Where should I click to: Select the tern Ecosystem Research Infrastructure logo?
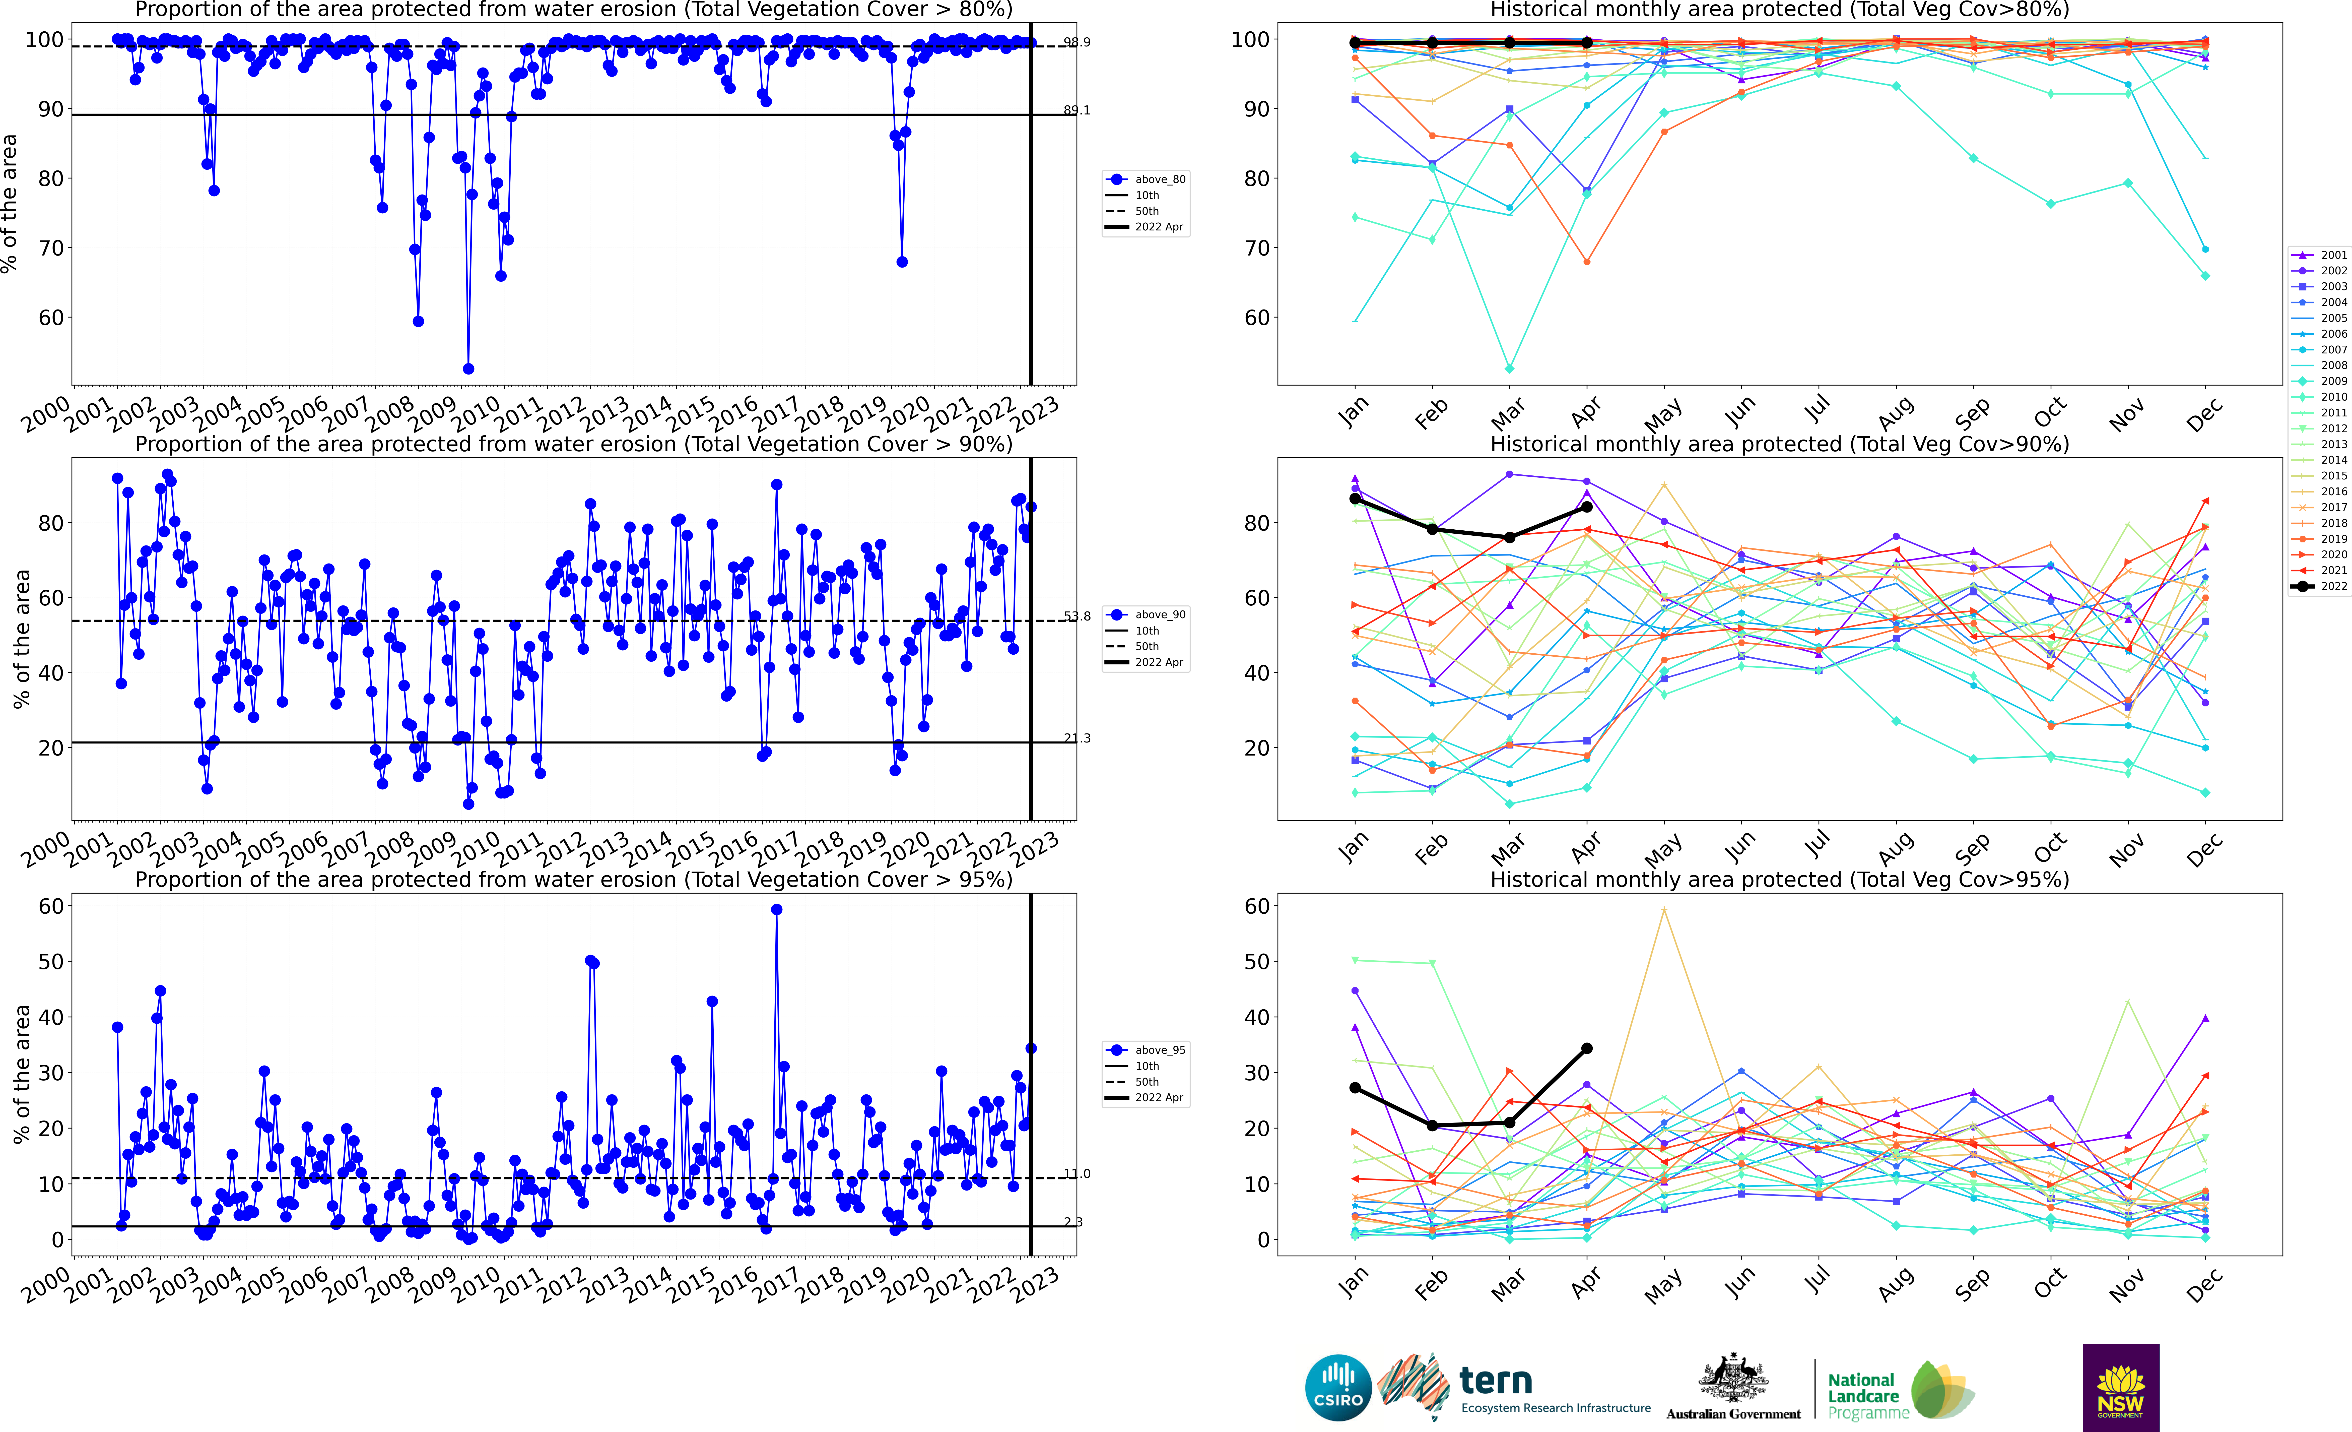click(1518, 1387)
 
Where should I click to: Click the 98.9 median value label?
click(1077, 42)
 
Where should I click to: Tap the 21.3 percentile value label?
click(1077, 738)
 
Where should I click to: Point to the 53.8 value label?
click(1077, 616)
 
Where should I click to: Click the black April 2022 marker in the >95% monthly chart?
click(1586, 1048)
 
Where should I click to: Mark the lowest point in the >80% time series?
click(468, 368)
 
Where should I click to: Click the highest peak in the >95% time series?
click(776, 910)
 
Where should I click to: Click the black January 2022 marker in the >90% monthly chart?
click(1355, 498)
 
